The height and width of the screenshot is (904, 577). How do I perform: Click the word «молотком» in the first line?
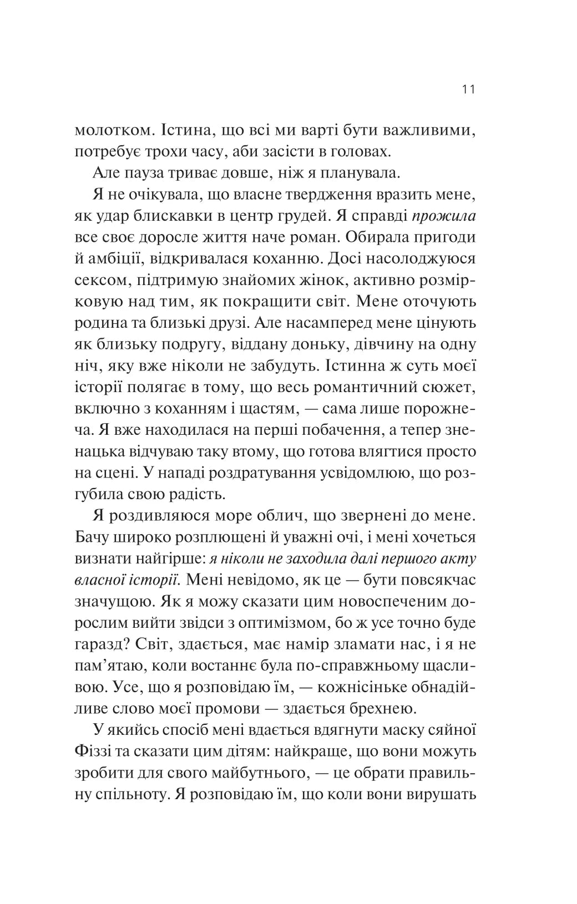(112, 131)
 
